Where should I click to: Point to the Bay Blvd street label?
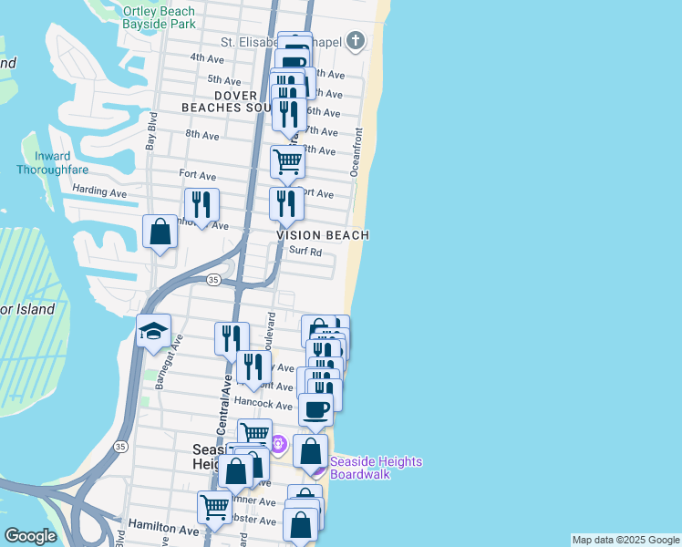tap(152, 132)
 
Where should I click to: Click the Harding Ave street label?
tap(99, 192)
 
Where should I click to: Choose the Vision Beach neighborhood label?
tap(323, 235)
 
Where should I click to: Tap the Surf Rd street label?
tap(305, 252)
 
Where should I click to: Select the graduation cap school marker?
tap(154, 330)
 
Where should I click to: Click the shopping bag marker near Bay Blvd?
tap(160, 232)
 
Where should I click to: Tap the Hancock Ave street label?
tap(262, 401)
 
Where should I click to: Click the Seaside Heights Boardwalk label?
tap(376, 468)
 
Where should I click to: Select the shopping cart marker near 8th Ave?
tap(287, 161)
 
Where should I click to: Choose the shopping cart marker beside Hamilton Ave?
tap(214, 506)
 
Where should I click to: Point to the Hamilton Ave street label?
tap(163, 528)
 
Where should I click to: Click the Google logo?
tap(31, 536)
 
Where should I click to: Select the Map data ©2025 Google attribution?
tap(625, 540)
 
